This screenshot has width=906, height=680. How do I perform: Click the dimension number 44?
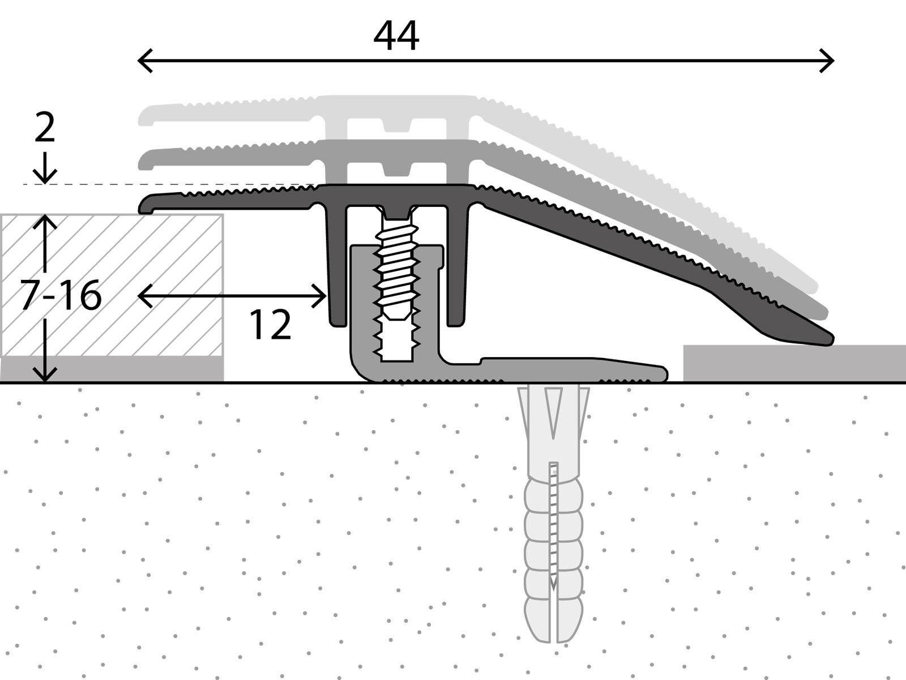pos(396,36)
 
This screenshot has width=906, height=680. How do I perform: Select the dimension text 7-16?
pos(61,295)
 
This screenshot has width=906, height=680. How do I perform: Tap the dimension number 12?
pos(270,325)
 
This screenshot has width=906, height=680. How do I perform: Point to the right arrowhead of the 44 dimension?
pos(830,61)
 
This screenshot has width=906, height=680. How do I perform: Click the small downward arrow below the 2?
pos(45,170)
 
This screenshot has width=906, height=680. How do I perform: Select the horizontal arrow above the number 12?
pos(232,296)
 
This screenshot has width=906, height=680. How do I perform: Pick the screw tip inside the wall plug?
pos(553,584)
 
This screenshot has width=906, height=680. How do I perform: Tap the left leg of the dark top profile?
pos(336,266)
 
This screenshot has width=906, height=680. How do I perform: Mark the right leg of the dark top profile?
pos(457,266)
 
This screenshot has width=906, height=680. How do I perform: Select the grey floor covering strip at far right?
pos(793,363)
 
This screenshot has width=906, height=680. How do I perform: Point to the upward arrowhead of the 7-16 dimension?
pos(45,221)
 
